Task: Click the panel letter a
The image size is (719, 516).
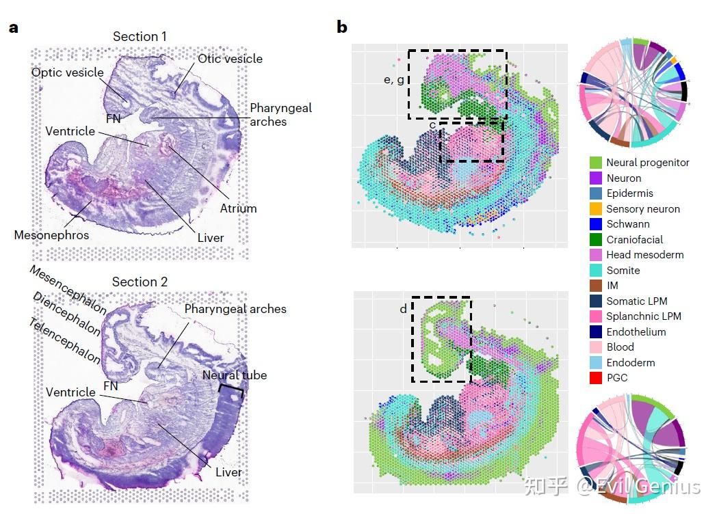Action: (13, 28)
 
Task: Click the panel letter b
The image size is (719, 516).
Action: (342, 27)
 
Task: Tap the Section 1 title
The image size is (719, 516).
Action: (140, 36)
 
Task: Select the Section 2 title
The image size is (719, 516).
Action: (140, 282)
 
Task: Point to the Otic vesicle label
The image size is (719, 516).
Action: (230, 59)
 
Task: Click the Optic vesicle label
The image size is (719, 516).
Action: (67, 72)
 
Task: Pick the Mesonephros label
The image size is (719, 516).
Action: (51, 235)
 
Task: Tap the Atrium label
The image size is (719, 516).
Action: (238, 208)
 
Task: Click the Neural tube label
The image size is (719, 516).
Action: (234, 375)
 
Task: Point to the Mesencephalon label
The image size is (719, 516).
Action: (68, 290)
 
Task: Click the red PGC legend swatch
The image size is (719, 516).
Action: (597, 378)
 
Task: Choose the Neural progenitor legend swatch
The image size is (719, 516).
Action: (597, 163)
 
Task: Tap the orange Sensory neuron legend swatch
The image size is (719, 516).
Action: (597, 208)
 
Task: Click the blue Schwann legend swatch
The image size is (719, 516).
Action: (597, 224)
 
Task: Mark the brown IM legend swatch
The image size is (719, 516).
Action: (597, 286)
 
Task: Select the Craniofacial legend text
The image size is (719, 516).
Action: (634, 239)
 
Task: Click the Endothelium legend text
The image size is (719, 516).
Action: (636, 331)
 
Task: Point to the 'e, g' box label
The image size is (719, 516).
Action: (393, 80)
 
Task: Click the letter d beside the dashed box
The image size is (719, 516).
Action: (404, 310)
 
